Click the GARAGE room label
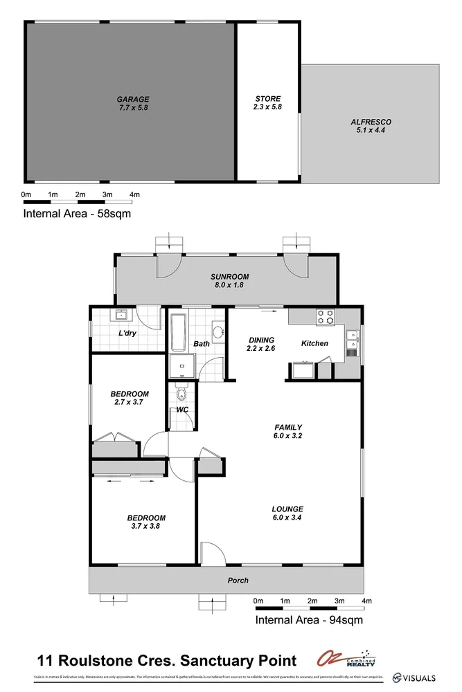click(x=132, y=99)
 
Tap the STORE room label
click(x=267, y=99)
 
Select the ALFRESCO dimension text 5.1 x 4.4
click(x=371, y=130)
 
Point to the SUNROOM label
click(x=229, y=277)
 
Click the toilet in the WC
click(x=181, y=394)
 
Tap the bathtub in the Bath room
click(x=177, y=333)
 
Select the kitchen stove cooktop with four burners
click(x=325, y=317)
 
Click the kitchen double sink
click(x=352, y=339)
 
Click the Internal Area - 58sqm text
click(x=77, y=214)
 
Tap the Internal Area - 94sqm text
click(x=309, y=619)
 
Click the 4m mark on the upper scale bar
click(x=134, y=194)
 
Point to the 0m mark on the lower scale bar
click(x=258, y=600)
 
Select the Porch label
click(x=238, y=580)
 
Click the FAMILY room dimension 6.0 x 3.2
click(x=288, y=436)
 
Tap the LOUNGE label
click(x=287, y=509)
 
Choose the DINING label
click(x=260, y=340)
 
